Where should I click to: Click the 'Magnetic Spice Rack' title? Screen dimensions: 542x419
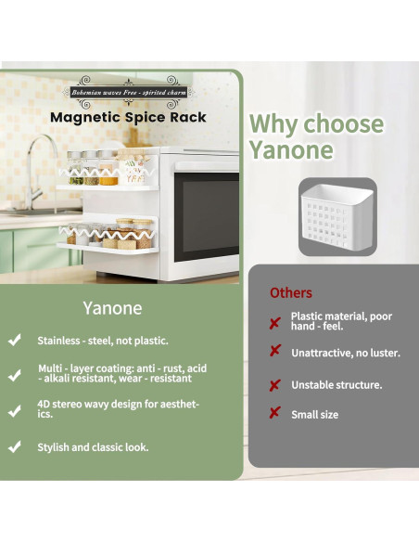[128, 118]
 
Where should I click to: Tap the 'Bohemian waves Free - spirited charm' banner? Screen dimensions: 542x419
[128, 93]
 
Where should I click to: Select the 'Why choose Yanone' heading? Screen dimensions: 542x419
[316, 136]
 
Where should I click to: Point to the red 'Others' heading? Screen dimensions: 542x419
[291, 293]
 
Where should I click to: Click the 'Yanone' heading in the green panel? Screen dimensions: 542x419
[112, 306]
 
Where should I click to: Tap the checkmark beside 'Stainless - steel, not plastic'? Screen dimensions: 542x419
[15, 341]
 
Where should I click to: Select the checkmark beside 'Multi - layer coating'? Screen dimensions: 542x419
[15, 375]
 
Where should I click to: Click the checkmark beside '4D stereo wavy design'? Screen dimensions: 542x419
[15, 409]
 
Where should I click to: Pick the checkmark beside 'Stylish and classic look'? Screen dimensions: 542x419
[15, 446]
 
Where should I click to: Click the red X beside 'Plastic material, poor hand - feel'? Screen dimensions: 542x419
[274, 322]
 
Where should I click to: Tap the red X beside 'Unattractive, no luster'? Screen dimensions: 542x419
[274, 352]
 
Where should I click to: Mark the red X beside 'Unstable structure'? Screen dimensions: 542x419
[274, 384]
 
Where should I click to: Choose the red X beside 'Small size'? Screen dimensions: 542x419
[274, 414]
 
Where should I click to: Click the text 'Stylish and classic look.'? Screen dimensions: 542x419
[93, 447]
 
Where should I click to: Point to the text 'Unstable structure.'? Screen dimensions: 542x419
[336, 384]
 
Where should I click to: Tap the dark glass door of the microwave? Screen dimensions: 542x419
[208, 218]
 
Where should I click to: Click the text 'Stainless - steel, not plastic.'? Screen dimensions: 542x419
[103, 341]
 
